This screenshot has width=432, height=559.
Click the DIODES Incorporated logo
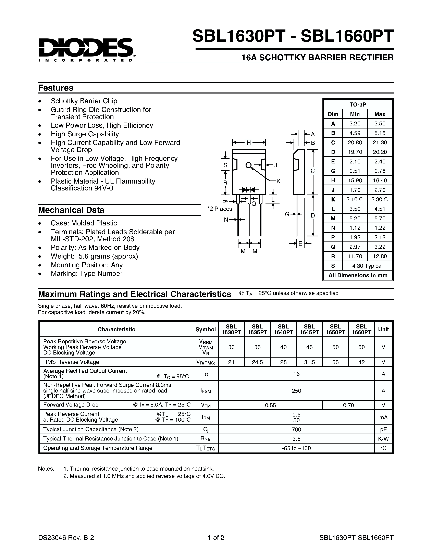tap(86, 49)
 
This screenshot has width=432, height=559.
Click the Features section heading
tap(55, 88)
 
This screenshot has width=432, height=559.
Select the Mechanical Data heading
tap(71, 210)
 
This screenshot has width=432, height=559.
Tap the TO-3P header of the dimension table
tap(358, 104)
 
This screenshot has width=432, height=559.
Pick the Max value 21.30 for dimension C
tap(380, 142)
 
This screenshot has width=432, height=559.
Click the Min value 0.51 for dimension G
tap(355, 171)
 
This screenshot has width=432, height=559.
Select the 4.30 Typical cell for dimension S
tap(367, 266)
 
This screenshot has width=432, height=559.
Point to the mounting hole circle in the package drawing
tap(248, 165)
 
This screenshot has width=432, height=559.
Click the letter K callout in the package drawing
tap(279, 181)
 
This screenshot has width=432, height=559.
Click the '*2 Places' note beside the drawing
tap(220, 209)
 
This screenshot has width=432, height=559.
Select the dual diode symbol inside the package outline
tap(248, 190)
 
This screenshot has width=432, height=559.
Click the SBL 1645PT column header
tap(309, 329)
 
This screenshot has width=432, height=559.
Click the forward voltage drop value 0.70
tap(348, 405)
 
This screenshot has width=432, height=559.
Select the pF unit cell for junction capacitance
tap(383, 429)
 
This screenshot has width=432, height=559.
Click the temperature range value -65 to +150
tap(296, 448)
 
